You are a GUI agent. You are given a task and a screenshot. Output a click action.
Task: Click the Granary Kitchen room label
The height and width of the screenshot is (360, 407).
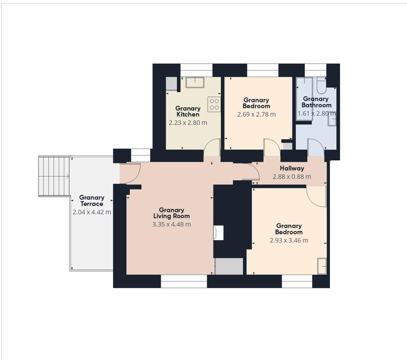coord(188,111)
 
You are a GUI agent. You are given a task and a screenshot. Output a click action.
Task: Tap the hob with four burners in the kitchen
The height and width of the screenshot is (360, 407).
coord(214,104)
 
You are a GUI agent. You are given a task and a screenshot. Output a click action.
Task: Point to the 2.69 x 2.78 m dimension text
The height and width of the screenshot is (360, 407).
coord(256,114)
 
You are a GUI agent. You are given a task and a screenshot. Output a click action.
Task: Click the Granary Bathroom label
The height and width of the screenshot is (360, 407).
coord(316,102)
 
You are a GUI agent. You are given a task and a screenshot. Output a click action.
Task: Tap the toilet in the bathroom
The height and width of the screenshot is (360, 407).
coord(321,86)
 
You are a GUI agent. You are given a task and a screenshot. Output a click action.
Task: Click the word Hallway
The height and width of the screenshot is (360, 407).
coord(292,169)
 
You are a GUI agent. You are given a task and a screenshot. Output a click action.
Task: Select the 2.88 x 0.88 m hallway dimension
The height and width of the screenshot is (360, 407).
coord(292,177)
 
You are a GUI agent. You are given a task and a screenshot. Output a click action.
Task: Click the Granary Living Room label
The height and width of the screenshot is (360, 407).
coord(172,213)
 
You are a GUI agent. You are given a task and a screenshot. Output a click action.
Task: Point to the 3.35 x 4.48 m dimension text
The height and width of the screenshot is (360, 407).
coord(172,224)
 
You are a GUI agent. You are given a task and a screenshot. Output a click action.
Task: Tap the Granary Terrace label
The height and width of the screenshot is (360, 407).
coord(92,201)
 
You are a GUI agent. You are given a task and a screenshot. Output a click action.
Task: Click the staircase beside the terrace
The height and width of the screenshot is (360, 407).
coord(54,176)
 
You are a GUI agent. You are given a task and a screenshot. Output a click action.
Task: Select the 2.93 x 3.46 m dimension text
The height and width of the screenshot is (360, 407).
coord(289,240)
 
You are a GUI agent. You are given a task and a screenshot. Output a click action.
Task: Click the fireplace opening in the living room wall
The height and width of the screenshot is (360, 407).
coord(219,233)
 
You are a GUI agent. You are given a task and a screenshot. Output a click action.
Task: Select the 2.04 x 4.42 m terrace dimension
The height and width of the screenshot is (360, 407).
coord(92,212)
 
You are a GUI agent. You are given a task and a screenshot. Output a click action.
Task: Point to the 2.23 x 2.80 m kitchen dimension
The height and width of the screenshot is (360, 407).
coord(188,123)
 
